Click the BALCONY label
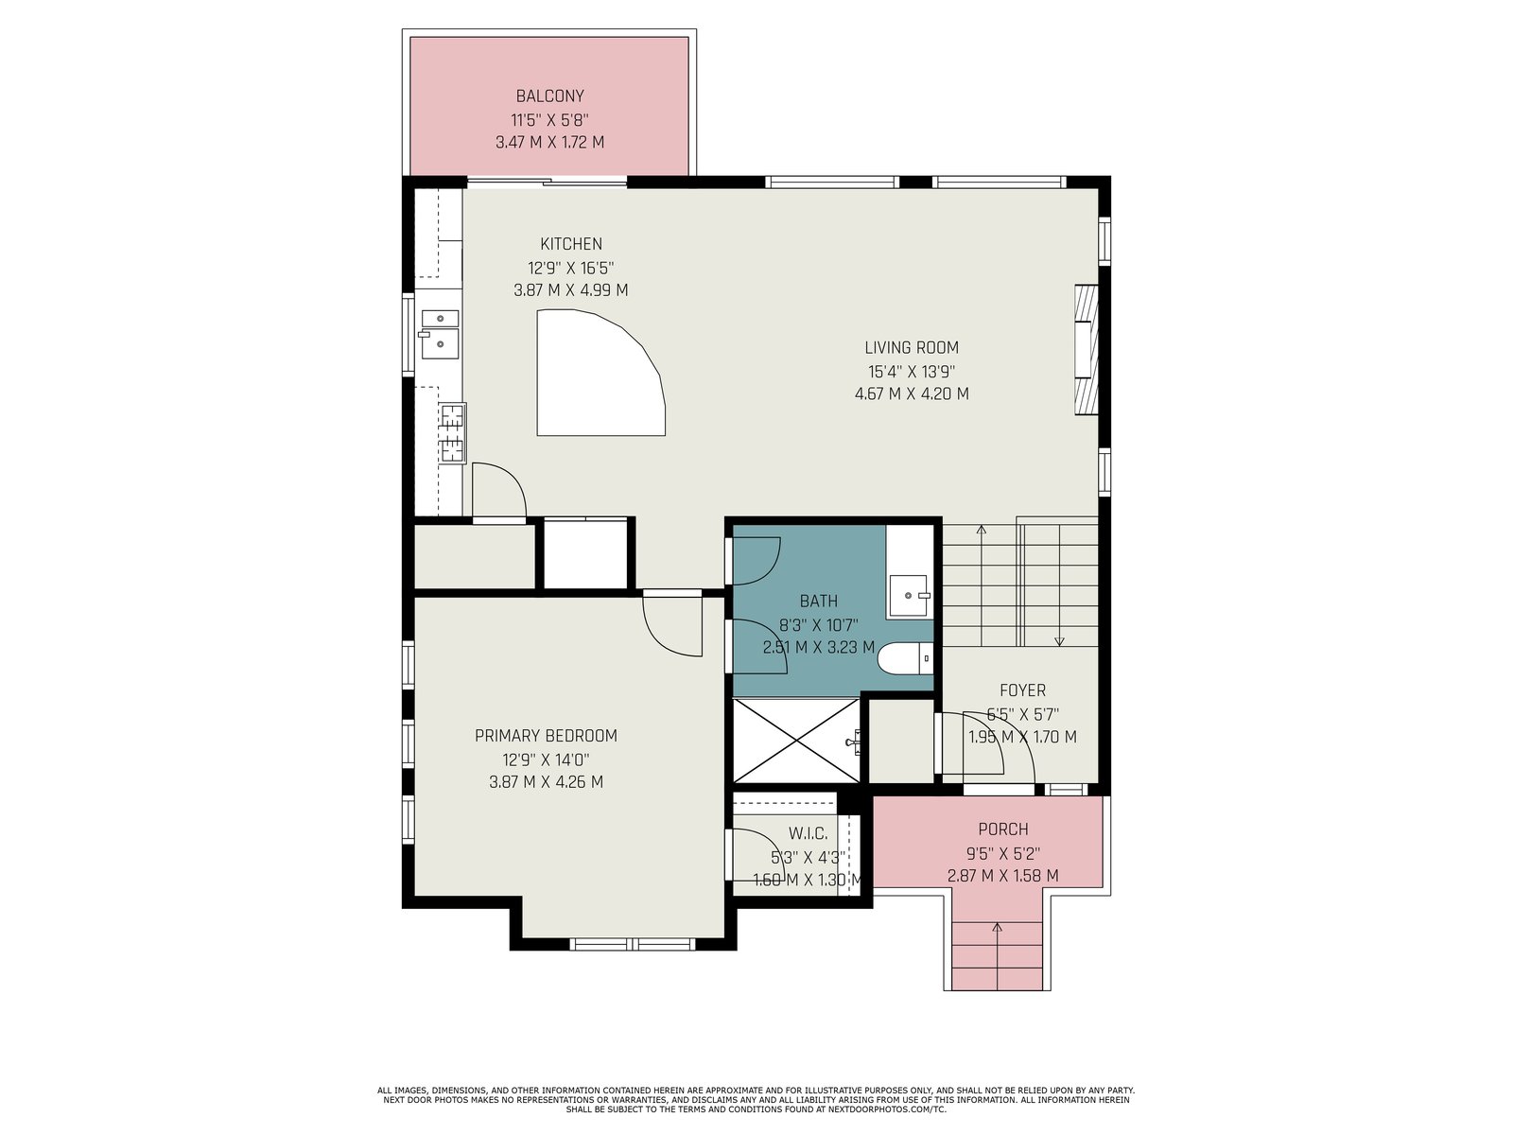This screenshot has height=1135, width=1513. [549, 96]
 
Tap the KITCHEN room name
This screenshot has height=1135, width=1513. [571, 244]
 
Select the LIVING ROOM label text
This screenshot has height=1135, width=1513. [912, 348]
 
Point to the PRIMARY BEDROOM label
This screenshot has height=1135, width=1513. [546, 736]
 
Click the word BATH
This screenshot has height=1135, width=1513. [818, 602]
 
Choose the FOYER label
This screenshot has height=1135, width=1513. [1022, 690]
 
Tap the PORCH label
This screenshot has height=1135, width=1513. [1003, 829]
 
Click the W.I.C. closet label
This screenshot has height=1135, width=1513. [808, 834]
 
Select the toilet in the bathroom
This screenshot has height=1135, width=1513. [905, 659]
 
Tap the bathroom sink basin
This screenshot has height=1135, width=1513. [909, 595]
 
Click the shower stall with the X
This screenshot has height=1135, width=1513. [796, 741]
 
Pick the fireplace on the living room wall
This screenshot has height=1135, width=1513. [1086, 350]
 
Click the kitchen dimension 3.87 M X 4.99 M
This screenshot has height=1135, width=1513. [571, 290]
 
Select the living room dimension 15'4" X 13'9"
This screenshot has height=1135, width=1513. [912, 372]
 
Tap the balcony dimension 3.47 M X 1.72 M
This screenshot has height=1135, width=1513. [549, 143]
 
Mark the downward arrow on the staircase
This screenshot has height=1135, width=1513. [1059, 585]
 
